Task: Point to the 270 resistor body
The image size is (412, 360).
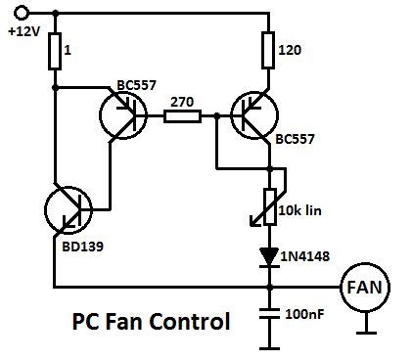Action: [x=182, y=117]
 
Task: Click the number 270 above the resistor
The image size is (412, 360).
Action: [x=182, y=100]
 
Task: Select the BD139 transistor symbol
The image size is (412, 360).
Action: [x=69, y=212]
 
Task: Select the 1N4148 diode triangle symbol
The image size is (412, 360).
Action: [x=267, y=255]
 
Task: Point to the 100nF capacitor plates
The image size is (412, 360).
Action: [x=267, y=317]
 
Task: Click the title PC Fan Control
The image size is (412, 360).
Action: [x=151, y=321]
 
